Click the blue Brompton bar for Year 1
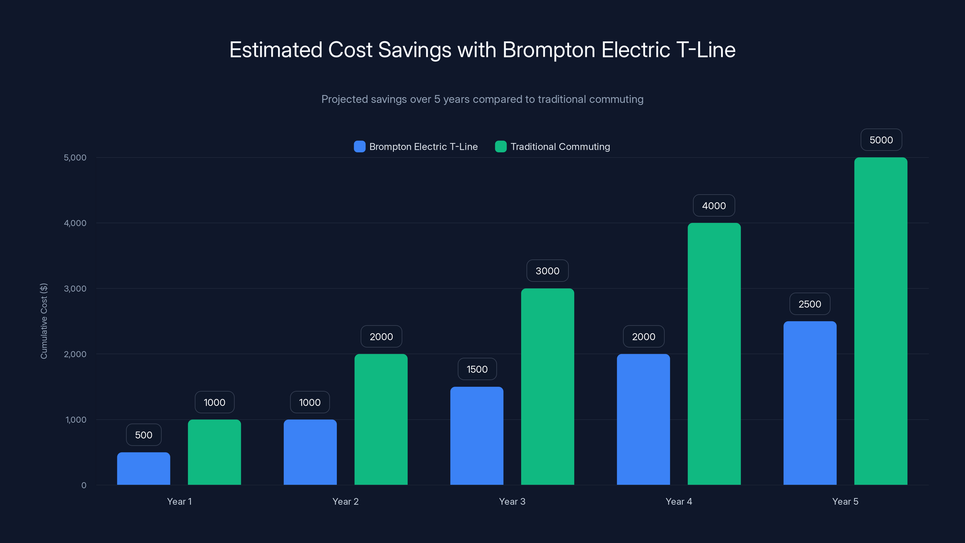coord(144,468)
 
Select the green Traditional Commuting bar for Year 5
coord(881,321)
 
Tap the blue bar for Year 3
coord(476,436)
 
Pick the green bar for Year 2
coord(381,419)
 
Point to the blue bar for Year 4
coord(643,419)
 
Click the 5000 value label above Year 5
coord(881,140)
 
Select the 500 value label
coord(144,435)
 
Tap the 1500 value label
coord(477,369)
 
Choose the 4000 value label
coord(713,205)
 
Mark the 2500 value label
coord(809,304)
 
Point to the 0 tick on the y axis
coord(84,485)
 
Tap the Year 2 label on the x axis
coord(345,501)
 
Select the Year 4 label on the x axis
coord(679,501)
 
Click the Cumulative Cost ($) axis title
coord(44,321)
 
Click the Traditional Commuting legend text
coord(560,147)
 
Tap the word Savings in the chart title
coord(415,50)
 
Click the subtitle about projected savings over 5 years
coord(482,99)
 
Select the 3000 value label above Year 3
coord(547,271)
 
